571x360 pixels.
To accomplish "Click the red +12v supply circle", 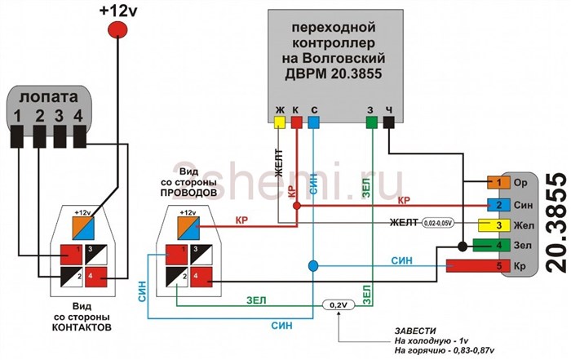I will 118,29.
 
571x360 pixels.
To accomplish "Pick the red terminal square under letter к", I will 297,122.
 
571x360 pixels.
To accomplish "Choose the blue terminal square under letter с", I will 314,122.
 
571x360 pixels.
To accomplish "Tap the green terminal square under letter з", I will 371,122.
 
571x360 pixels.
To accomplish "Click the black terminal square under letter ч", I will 389,122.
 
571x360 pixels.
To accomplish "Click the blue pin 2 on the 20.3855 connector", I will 494,204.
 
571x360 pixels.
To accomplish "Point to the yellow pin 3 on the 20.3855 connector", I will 494,225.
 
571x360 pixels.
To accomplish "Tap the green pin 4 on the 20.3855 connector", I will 494,246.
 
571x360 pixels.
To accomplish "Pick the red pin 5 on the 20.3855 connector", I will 494,266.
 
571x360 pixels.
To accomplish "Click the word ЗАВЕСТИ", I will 414,330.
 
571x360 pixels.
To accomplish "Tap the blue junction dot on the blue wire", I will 313,266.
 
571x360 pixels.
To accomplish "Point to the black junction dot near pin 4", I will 463,246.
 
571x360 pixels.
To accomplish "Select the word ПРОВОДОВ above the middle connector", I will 188,195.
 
